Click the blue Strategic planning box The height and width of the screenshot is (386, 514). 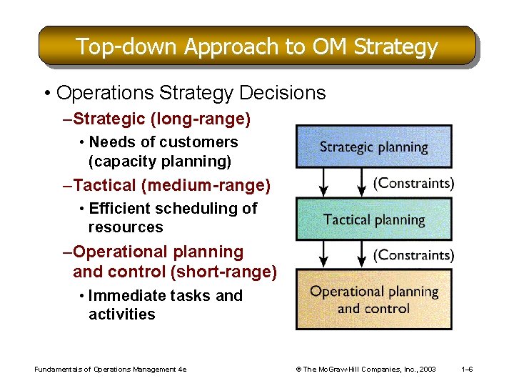click(x=373, y=147)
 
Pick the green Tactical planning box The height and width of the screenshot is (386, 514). click(x=373, y=219)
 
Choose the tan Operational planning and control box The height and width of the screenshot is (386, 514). click(x=373, y=300)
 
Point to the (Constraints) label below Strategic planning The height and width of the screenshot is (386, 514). click(x=413, y=183)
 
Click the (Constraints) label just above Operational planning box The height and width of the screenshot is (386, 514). click(x=413, y=254)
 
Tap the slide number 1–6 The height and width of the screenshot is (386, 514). click(x=468, y=370)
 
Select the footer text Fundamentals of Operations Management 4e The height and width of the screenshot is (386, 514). click(x=110, y=370)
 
